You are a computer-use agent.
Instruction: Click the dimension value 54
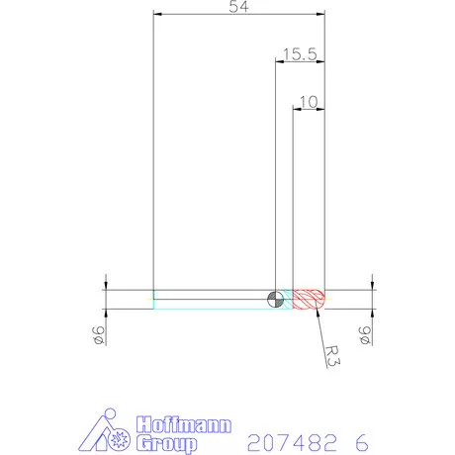[238, 7]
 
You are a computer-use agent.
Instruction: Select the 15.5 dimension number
[298, 55]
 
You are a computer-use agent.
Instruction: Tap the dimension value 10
[308, 101]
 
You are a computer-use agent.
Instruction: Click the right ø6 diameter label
[365, 336]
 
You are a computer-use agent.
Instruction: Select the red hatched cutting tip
[309, 300]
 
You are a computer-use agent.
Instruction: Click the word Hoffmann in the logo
[182, 424]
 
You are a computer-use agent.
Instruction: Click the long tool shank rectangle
[213, 300]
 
